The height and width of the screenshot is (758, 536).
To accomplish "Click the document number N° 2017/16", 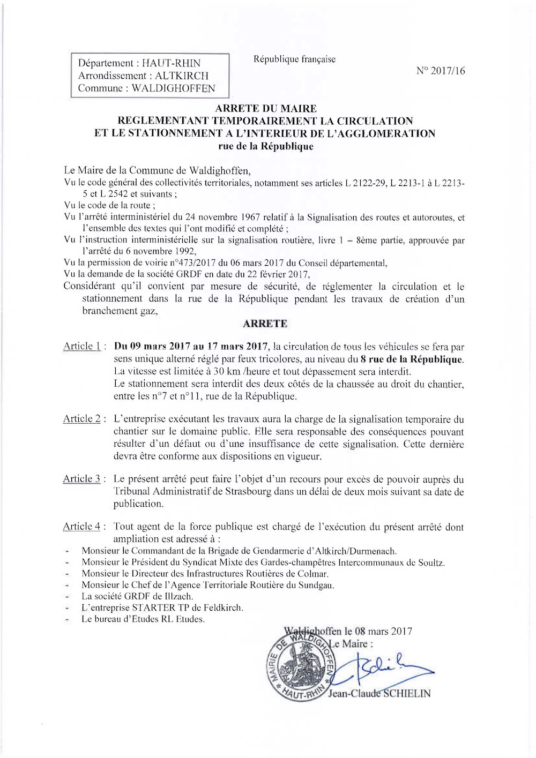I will click(441, 71).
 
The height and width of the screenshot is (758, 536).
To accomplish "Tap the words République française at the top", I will click(295, 59).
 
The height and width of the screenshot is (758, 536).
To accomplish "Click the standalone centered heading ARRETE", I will click(265, 324).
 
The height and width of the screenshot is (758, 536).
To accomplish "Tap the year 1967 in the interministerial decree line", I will click(256, 217).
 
